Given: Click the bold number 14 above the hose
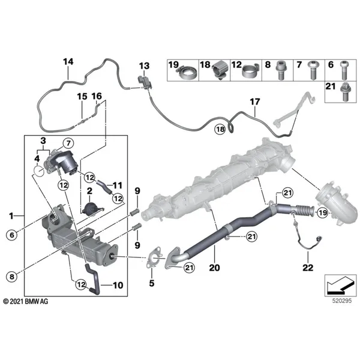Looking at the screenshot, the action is coord(68,62).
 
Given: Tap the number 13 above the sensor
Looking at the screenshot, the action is coord(144,66).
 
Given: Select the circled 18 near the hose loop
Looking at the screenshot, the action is coord(220,130).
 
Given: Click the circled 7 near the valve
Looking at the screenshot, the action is coord(68,143).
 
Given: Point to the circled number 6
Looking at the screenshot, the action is coord(12,235).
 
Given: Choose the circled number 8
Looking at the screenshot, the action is coord(12,277).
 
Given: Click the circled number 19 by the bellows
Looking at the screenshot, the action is coord(323,213).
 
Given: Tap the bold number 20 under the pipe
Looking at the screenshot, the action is coord(214,268).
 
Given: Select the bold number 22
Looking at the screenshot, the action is coord(308,268).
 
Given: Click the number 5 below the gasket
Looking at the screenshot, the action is coord(152,283).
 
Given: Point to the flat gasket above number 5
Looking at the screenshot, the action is coord(154,257).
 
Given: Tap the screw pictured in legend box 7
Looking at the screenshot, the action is coord(313,73).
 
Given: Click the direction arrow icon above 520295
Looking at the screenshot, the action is coord(340,286).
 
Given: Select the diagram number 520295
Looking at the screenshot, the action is coord(342,301).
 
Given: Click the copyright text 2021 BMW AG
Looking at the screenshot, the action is coord(26,301).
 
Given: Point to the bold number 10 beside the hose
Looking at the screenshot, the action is coord(118,285).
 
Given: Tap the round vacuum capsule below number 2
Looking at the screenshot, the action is coord(91,209).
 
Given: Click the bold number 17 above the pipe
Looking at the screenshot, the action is coord(255,102).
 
